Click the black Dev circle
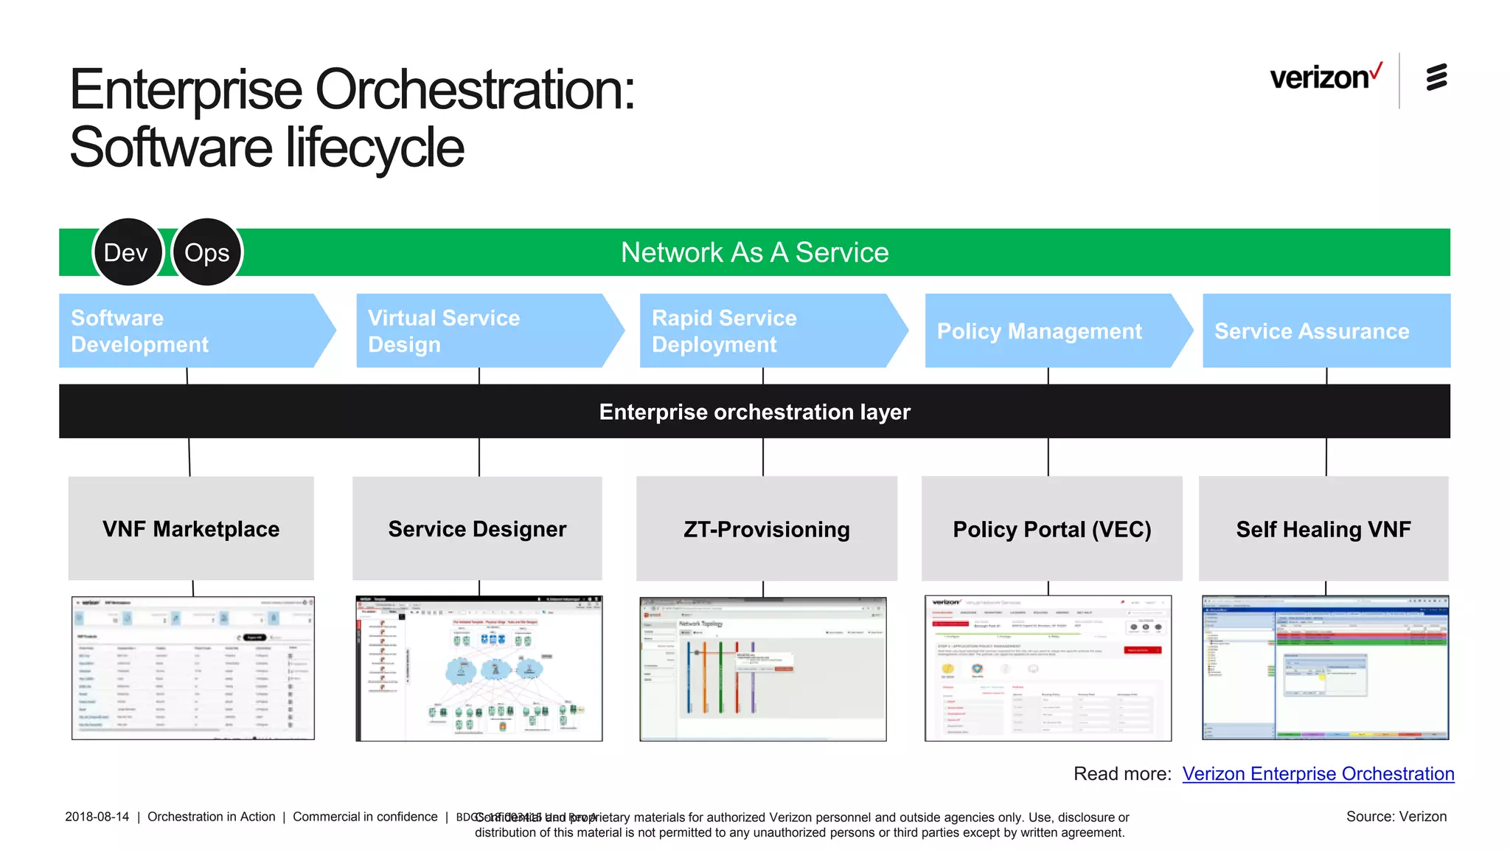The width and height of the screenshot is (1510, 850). pyautogui.click(x=127, y=252)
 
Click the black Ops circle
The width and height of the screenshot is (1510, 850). pyautogui.click(x=206, y=252)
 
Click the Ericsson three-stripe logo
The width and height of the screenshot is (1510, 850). pyautogui.click(x=1436, y=77)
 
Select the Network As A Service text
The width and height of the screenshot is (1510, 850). pyautogui.click(x=754, y=252)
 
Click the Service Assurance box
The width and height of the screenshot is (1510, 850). pyautogui.click(x=1326, y=331)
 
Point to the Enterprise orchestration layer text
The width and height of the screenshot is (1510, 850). pyautogui.click(x=754, y=412)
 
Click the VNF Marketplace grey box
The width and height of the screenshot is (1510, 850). pyautogui.click(x=191, y=528)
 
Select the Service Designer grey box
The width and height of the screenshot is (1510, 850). pyautogui.click(x=477, y=528)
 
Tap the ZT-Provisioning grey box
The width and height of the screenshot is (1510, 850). pyautogui.click(x=766, y=528)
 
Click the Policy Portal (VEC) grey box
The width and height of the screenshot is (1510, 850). pyautogui.click(x=1051, y=528)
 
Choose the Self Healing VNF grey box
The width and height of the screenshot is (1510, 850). pyautogui.click(x=1323, y=528)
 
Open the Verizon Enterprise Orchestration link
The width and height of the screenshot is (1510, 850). pyautogui.click(x=1318, y=773)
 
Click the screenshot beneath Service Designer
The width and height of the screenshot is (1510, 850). pyautogui.click(x=479, y=668)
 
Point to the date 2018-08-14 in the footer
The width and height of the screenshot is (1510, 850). pyautogui.click(x=97, y=817)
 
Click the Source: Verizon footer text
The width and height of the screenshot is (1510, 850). pyautogui.click(x=1396, y=817)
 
